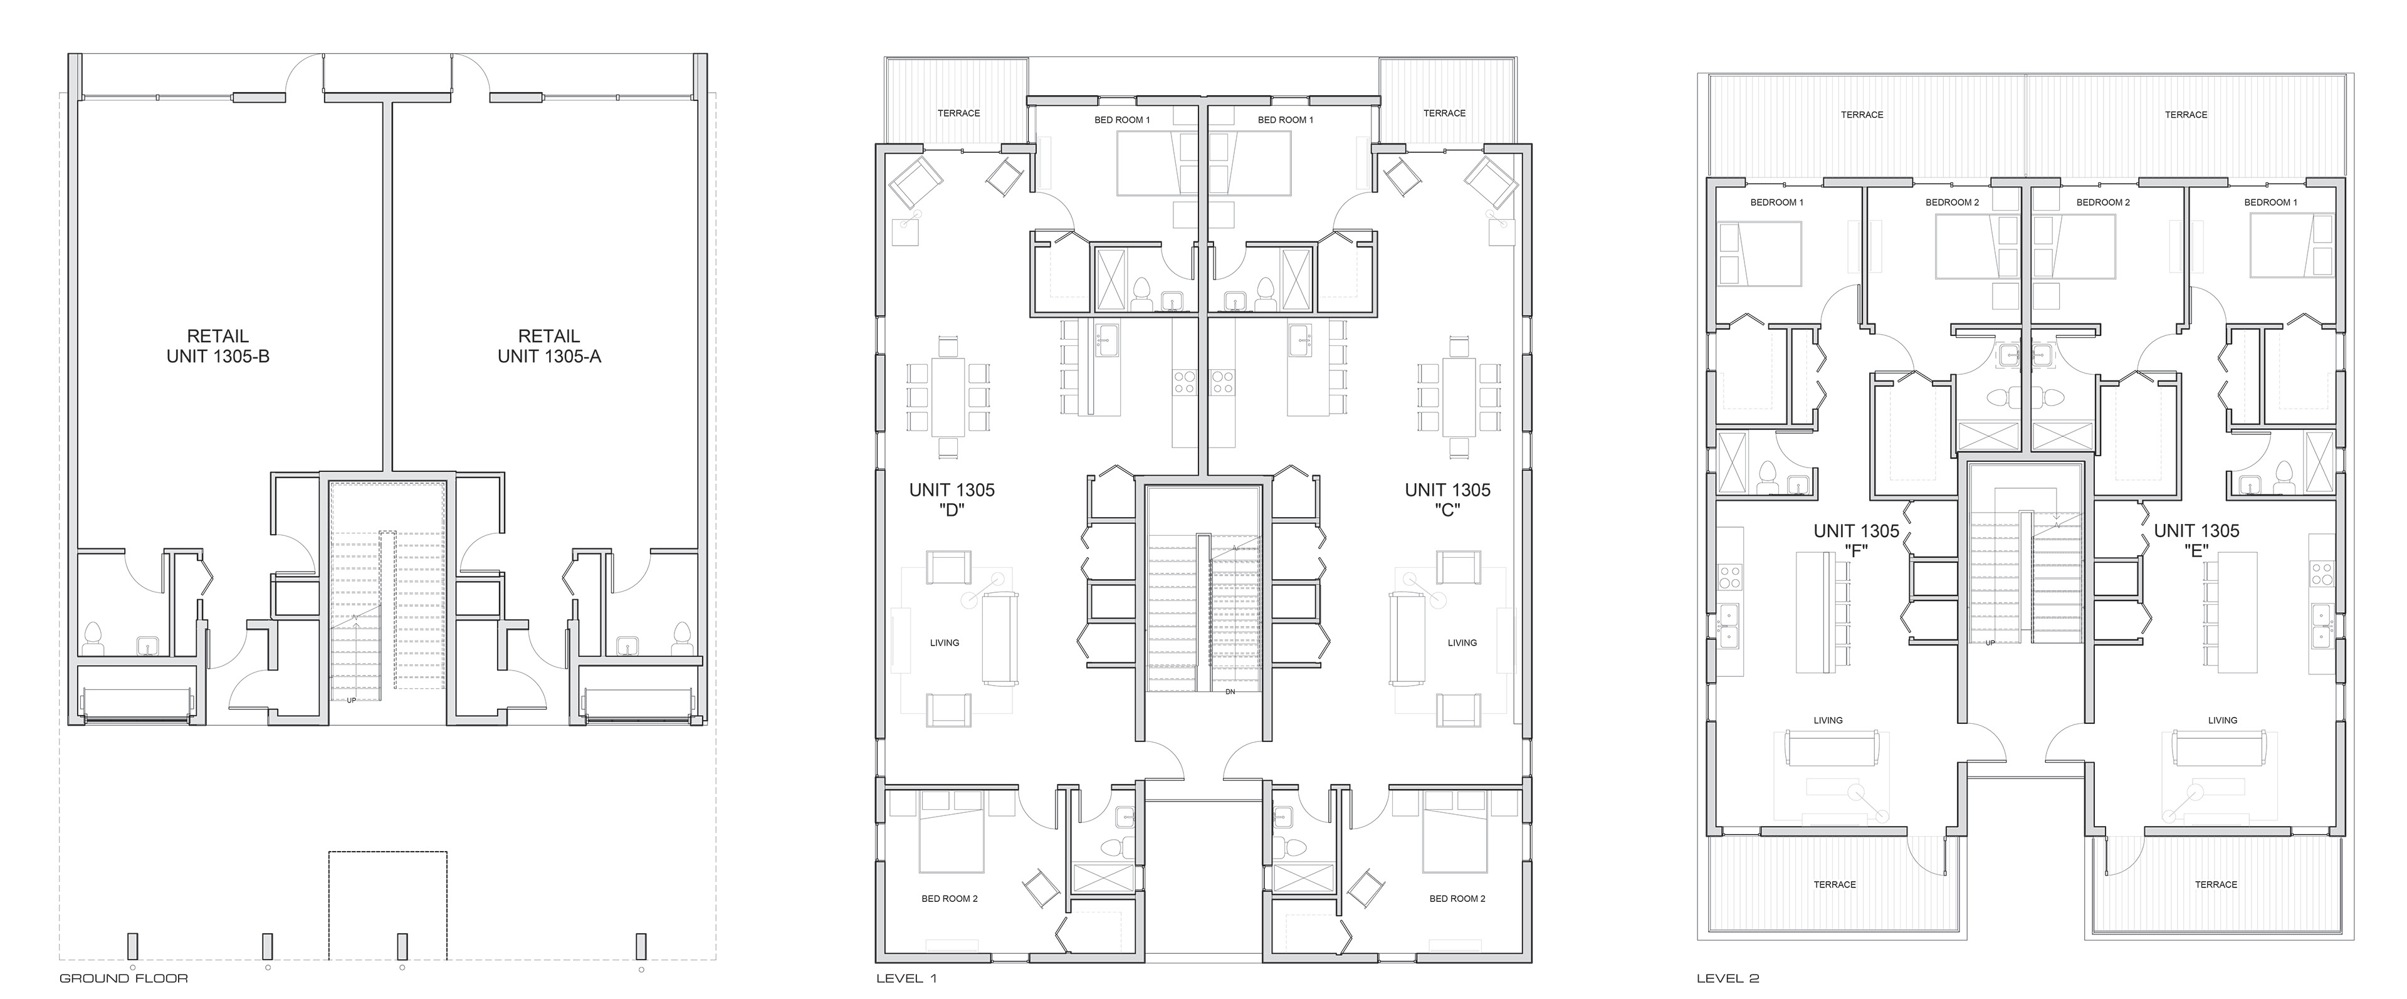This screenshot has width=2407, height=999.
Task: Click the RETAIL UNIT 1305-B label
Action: point(218,346)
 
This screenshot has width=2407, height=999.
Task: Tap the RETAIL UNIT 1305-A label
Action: point(550,346)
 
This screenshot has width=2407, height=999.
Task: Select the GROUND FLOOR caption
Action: point(124,978)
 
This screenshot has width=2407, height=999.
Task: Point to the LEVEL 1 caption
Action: point(906,978)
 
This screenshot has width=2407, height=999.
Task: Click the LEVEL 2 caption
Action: point(1728,978)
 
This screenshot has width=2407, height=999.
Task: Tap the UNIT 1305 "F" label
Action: point(1857,541)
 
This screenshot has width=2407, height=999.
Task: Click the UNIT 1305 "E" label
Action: point(2197,541)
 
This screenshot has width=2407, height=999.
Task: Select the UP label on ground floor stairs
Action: point(351,700)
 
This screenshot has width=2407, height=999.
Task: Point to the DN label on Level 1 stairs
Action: point(1230,691)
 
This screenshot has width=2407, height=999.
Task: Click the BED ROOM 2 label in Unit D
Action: point(950,899)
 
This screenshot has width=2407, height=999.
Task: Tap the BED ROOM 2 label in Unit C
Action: point(1457,899)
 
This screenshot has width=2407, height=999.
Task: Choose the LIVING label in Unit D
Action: point(945,643)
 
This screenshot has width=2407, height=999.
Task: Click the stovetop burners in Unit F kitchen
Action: point(1729,576)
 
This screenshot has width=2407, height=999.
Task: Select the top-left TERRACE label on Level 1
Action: point(958,113)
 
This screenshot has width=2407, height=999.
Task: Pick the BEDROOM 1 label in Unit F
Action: point(1777,202)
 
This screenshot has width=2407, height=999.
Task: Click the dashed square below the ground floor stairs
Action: point(388,906)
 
